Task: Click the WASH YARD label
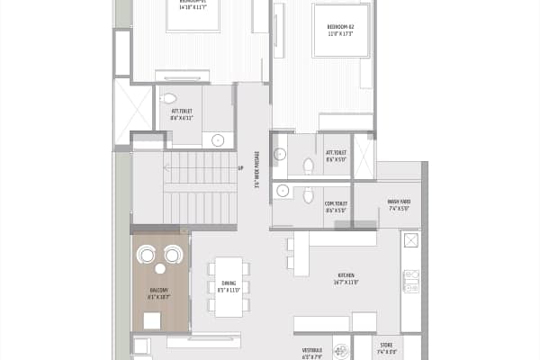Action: [399, 203]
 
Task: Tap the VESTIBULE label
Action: [312, 351]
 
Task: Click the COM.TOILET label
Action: [336, 206]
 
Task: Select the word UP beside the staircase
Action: [240, 167]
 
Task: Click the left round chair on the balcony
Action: [147, 256]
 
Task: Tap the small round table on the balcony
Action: [160, 268]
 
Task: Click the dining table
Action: [229, 286]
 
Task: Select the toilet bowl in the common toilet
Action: [308, 195]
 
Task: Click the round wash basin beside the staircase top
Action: [218, 139]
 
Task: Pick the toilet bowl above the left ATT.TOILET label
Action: [170, 98]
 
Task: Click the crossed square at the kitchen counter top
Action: [410, 240]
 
